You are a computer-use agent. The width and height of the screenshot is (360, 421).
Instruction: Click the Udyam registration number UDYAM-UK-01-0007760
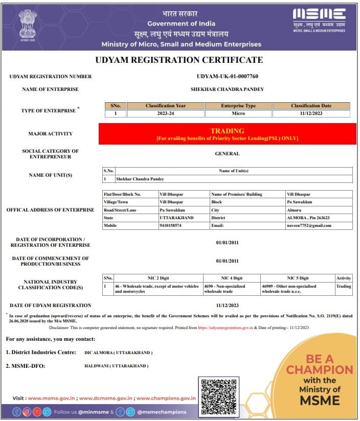click(228, 77)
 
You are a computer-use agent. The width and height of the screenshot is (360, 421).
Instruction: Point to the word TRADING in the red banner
click(227, 131)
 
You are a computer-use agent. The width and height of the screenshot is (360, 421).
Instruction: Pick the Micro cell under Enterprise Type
click(238, 113)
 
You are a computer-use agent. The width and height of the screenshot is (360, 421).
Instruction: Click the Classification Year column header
click(166, 106)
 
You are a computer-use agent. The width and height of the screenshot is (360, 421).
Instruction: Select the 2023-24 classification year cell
click(166, 113)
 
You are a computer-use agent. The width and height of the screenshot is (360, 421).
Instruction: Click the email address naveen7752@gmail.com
click(305, 225)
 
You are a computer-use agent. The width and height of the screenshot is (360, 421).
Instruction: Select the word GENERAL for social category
click(227, 153)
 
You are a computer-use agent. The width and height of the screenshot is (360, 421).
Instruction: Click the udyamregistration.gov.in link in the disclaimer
click(224, 328)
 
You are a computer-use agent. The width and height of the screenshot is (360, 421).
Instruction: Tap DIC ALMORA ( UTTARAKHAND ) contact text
click(118, 353)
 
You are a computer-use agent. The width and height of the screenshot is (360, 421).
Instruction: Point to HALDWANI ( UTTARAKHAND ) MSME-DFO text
click(116, 366)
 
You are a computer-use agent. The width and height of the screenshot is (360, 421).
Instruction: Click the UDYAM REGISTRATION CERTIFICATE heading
click(179, 60)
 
